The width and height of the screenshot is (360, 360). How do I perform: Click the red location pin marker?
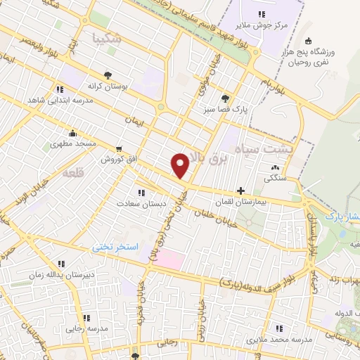point(181,165)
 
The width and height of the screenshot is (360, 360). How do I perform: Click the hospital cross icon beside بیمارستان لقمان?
point(241,191)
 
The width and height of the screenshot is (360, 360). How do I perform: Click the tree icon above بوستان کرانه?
point(107,75)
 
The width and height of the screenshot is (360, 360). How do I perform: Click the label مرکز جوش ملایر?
point(261,25)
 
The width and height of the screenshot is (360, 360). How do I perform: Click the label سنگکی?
point(275,179)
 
